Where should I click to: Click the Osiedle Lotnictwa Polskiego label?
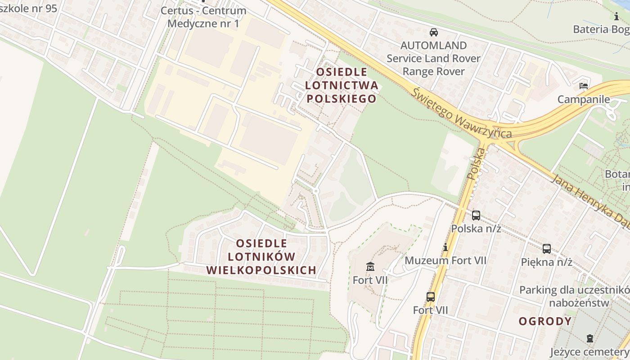click(341, 85)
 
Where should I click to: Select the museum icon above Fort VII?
click(370, 266)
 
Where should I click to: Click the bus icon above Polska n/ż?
click(476, 216)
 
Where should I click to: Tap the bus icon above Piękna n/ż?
click(546, 249)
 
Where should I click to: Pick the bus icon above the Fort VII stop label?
click(431, 297)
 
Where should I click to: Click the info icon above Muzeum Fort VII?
click(445, 247)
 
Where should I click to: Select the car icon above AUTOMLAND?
click(434, 32)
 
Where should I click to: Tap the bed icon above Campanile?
click(584, 85)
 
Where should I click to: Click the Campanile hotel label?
click(584, 99)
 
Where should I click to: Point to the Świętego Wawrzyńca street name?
click(462, 113)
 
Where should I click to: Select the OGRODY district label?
click(545, 321)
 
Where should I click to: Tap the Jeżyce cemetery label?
click(589, 351)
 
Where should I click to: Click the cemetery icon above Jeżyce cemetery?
click(589, 338)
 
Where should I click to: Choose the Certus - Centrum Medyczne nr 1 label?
click(203, 17)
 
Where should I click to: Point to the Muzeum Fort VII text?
click(445, 260)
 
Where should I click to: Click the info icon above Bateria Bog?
click(616, 17)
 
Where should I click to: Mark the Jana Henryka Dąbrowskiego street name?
click(589, 198)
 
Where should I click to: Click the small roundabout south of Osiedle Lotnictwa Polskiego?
click(315, 191)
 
